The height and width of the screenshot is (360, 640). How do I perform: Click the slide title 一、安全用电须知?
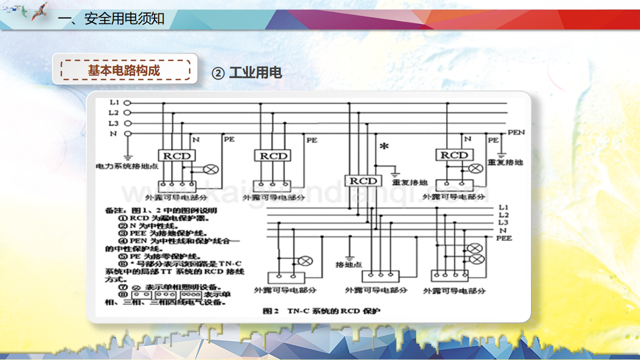[x=111, y=19]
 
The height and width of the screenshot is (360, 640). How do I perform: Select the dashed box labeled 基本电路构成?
[x=125, y=70]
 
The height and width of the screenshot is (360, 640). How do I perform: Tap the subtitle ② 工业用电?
[x=247, y=73]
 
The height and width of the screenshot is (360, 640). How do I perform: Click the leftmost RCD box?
[x=177, y=156]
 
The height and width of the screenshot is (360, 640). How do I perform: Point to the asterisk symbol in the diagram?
[x=384, y=146]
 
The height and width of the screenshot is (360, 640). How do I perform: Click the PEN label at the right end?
[x=516, y=132]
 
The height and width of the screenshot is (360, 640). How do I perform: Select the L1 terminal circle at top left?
[x=127, y=103]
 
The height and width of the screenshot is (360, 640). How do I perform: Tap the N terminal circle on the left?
[x=127, y=133]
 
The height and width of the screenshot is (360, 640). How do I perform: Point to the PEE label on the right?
[x=504, y=238]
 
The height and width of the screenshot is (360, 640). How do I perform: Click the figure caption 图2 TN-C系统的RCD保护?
[x=321, y=311]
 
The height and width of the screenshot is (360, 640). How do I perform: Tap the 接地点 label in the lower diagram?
[x=348, y=264]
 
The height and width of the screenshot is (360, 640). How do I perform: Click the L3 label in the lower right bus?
[x=503, y=222]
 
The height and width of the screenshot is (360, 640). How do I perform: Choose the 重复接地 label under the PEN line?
[x=505, y=162]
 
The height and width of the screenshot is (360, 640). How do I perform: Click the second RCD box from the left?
[x=273, y=156]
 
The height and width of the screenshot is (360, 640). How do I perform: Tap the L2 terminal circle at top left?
[x=127, y=113]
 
